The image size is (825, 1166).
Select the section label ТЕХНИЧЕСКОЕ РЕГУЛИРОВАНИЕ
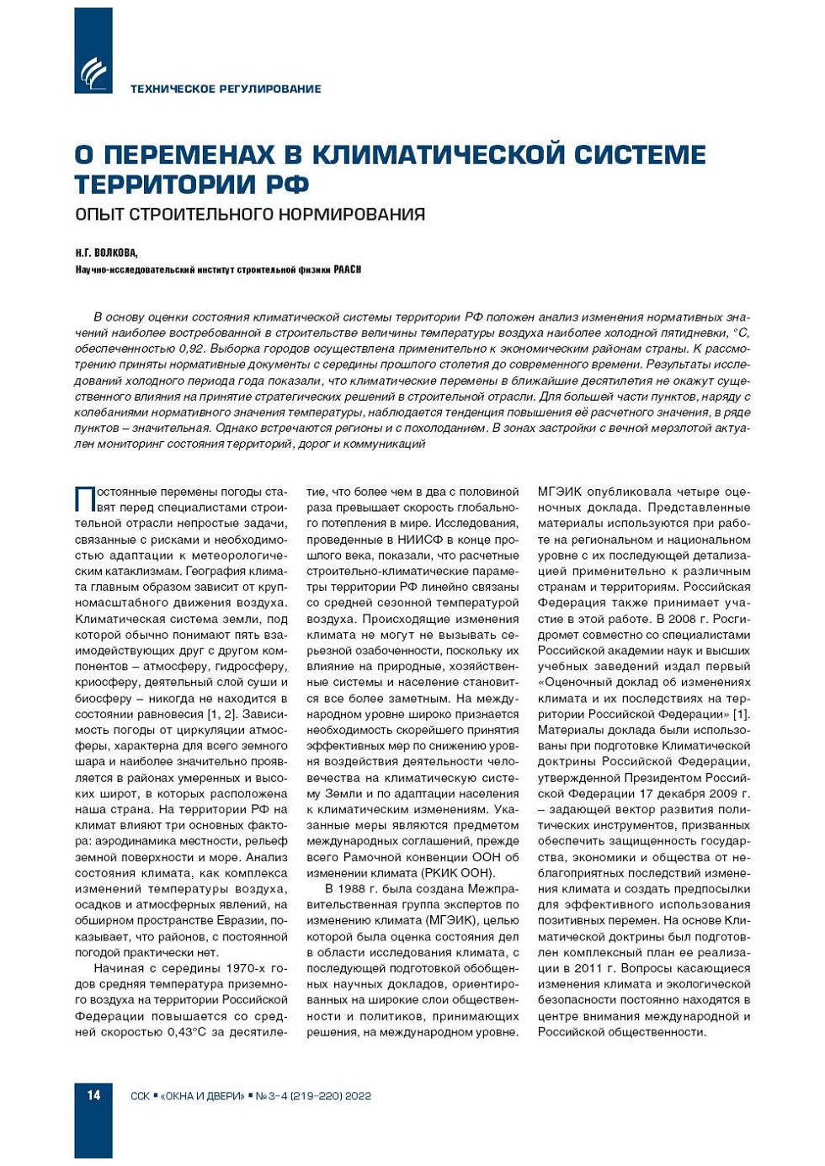tap(225, 88)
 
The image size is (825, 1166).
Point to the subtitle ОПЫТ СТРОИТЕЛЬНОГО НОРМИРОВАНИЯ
tap(249, 214)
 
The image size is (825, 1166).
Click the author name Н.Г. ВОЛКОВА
tap(106, 253)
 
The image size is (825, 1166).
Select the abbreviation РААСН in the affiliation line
tap(347, 269)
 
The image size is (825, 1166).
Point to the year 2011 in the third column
tap(588, 968)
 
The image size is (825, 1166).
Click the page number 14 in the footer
tap(93, 1095)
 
